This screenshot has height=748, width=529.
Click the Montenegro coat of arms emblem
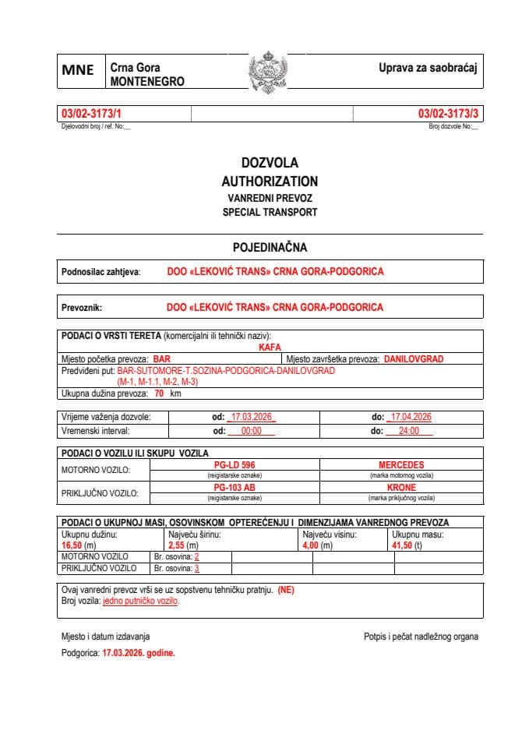tap(268, 72)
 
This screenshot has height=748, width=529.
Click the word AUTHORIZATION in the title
tap(270, 181)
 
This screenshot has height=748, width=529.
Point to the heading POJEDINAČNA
tap(270, 247)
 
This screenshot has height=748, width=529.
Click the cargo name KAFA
tap(270, 348)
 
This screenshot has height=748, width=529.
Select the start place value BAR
tap(162, 359)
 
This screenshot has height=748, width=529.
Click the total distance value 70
tap(159, 394)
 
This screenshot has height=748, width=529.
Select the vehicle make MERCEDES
tap(401, 465)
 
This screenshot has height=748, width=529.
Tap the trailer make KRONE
tap(401, 488)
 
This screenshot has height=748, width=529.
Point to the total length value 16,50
tap(72, 546)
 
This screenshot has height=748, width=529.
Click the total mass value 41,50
tap(404, 546)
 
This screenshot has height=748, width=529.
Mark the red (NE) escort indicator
tap(286, 590)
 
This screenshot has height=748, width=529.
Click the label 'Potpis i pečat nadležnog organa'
tap(421, 637)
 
